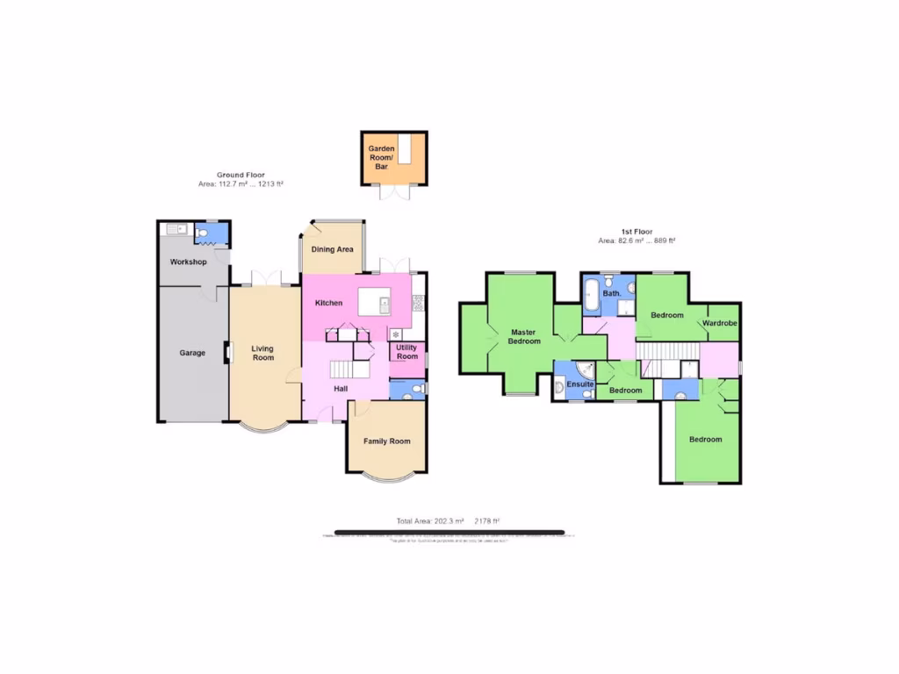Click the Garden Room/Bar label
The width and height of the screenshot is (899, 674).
[x=382, y=158]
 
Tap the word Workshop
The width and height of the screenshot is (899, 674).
[x=188, y=262]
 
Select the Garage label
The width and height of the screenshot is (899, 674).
[x=192, y=353]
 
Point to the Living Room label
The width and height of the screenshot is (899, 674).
[x=263, y=352]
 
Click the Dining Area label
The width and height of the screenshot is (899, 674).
[x=333, y=249]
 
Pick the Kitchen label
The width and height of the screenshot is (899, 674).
[x=328, y=303]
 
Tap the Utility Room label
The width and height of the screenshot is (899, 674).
[x=406, y=352]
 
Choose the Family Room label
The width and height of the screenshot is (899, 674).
[x=386, y=441]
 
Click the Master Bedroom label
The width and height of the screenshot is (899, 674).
[x=523, y=336]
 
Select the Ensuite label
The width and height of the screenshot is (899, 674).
[x=580, y=385]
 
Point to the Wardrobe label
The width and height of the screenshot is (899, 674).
[x=720, y=324]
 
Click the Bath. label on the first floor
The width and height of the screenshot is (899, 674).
[x=612, y=293]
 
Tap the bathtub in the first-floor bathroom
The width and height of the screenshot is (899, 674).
[x=591, y=295]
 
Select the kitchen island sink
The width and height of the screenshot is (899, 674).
[x=385, y=304]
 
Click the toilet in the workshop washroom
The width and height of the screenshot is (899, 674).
[x=203, y=233]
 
